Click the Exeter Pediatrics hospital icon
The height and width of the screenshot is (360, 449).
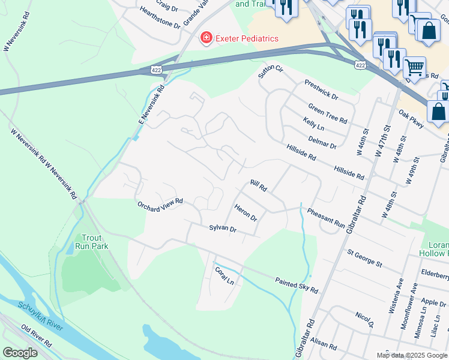pyautogui.click(x=206, y=38)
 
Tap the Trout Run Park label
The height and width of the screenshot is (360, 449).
pyautogui.click(x=91, y=241)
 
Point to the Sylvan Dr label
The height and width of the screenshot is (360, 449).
pyautogui.click(x=223, y=229)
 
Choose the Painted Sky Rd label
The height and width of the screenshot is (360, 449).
pyautogui.click(x=296, y=285)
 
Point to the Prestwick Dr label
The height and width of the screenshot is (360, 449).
pyautogui.click(x=321, y=90)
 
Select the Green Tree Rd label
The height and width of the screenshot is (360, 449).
pyautogui.click(x=328, y=113)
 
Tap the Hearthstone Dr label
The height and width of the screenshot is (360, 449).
pyautogui.click(x=160, y=18)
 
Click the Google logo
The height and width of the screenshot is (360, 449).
pyautogui.click(x=20, y=353)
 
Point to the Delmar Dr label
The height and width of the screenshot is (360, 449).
pyautogui.click(x=322, y=142)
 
